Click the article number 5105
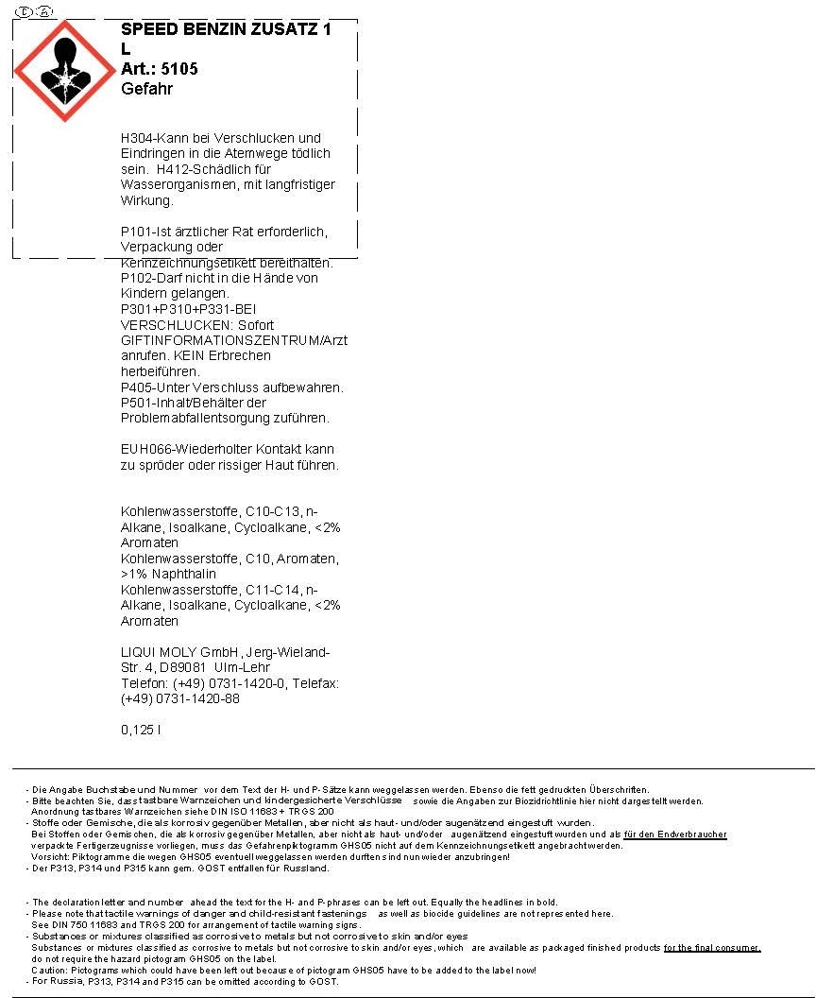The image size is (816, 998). click(179, 69)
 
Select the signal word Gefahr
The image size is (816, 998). click(146, 89)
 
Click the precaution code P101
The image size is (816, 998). click(137, 232)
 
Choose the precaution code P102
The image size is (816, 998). click(137, 278)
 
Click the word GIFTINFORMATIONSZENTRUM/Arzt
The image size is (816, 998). click(234, 340)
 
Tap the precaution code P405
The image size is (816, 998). click(137, 387)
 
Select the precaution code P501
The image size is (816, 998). click(137, 403)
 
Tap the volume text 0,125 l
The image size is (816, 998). click(141, 730)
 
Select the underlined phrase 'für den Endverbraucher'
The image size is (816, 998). click(675, 835)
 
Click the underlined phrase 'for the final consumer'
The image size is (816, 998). click(712, 948)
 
